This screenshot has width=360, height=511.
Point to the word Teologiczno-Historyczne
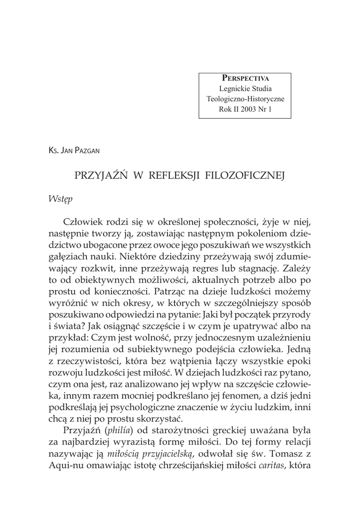pyautogui.click(x=245, y=99)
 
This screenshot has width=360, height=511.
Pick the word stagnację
pyautogui.click(x=261, y=268)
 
